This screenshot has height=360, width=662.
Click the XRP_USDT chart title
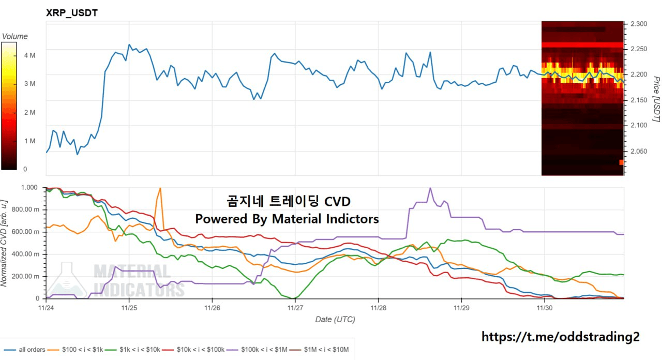tap(72, 13)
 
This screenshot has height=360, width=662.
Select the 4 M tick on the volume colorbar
tap(29, 55)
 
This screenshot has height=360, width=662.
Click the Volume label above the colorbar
tap(15, 37)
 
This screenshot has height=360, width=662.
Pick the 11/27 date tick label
tap(295, 308)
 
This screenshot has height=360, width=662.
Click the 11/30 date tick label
tap(544, 308)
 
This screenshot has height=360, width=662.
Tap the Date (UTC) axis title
tap(335, 320)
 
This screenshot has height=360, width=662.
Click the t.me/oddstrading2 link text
tap(560, 337)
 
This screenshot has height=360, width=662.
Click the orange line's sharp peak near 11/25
tap(160, 188)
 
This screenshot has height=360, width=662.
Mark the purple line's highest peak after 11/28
tap(430, 188)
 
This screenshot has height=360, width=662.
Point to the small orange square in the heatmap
tap(621, 162)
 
